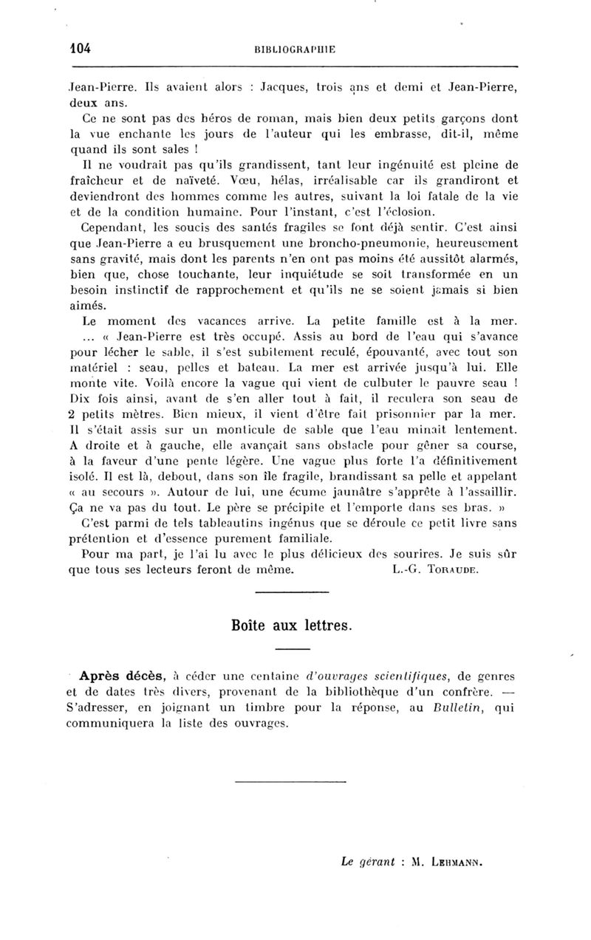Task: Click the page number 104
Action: point(77,49)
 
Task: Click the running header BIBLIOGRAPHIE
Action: point(295,49)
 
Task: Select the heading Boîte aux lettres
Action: point(294,625)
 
